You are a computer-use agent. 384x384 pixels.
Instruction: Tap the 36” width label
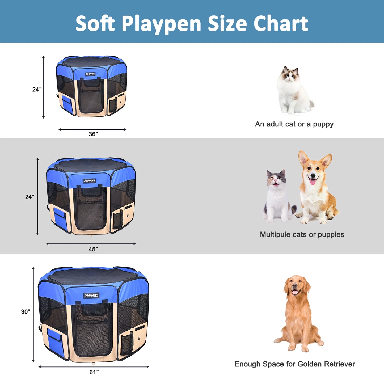point(93,134)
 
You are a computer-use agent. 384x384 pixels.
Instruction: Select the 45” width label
point(93,249)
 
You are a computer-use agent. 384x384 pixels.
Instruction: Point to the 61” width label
point(94,372)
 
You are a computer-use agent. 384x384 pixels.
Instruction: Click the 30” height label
point(26,312)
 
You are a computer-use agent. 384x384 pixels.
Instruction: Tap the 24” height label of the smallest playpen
point(37,90)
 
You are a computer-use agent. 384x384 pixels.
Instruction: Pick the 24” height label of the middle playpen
point(30,197)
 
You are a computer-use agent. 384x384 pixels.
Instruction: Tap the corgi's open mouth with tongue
point(313,182)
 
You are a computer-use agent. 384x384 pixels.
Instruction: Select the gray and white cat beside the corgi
point(278,197)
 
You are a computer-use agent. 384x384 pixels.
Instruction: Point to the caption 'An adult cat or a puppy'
point(294,124)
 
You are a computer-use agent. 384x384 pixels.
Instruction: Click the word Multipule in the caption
point(275,234)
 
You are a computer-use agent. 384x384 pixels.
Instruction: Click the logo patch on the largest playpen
point(91,295)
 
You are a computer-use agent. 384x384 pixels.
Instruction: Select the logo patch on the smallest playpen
point(90,74)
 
